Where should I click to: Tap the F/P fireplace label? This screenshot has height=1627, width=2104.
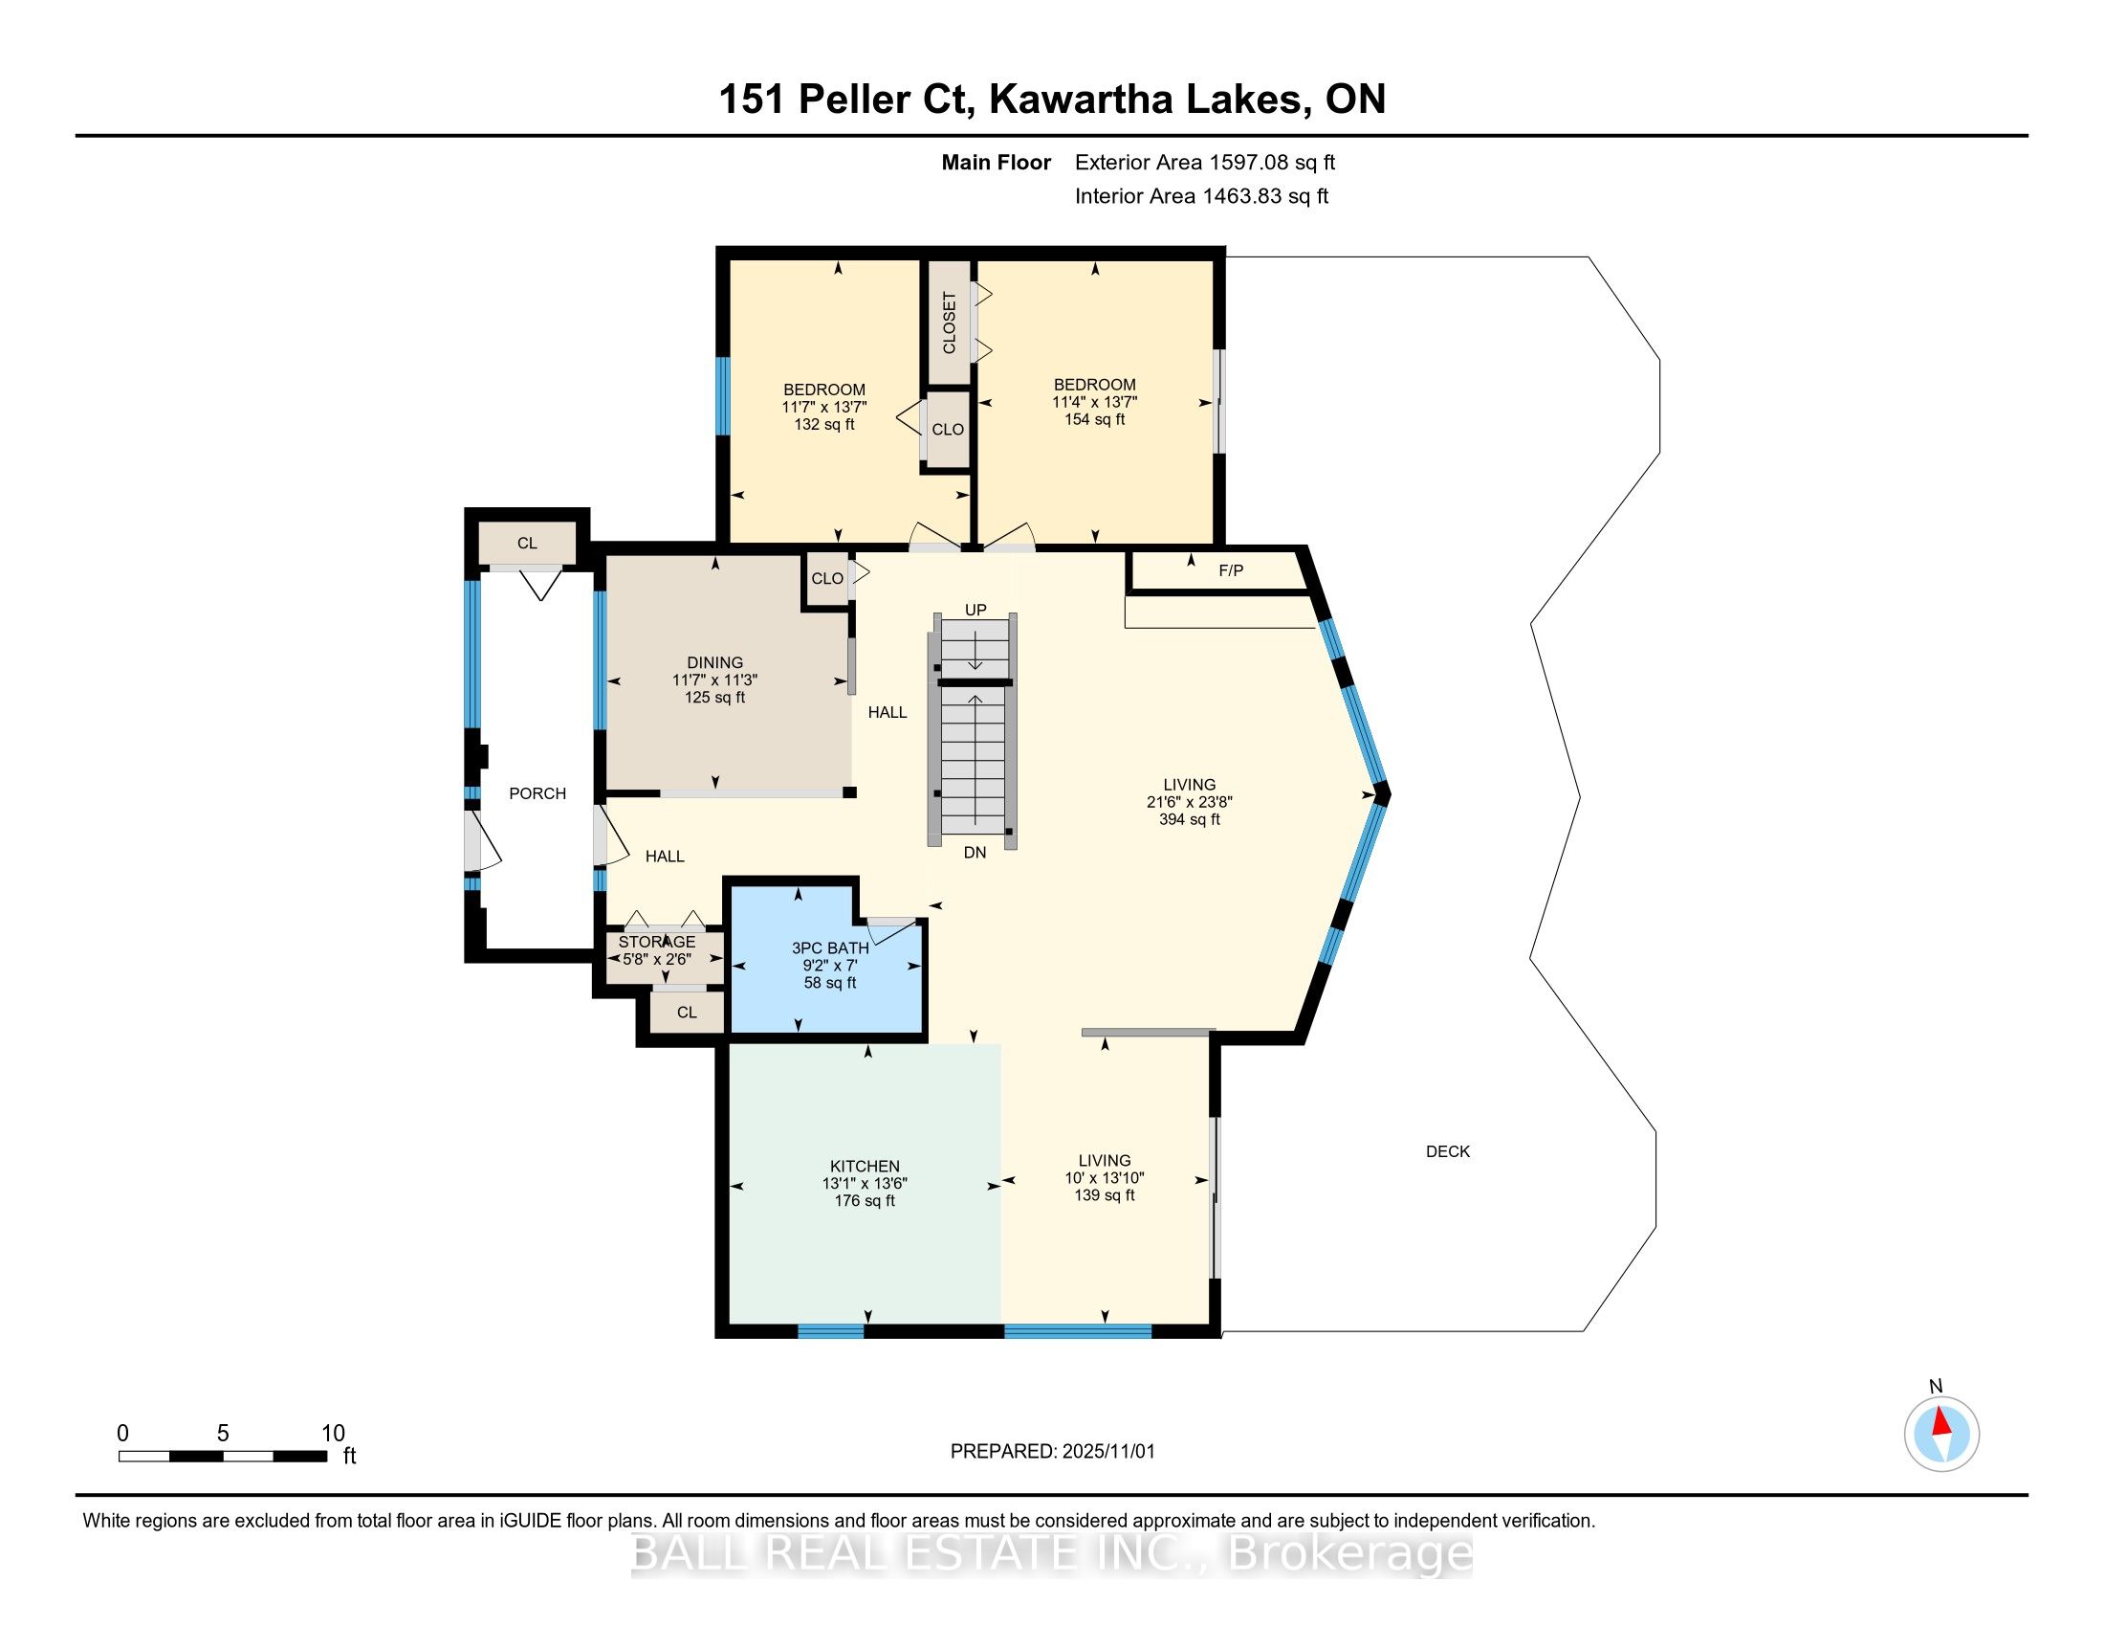click(x=1230, y=570)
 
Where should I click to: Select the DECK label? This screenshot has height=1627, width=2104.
click(x=1447, y=1150)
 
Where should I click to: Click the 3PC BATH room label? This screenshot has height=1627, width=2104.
click(x=829, y=948)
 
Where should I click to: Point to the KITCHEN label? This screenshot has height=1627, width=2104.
click(x=865, y=1167)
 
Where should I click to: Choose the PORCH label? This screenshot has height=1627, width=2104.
click(x=537, y=793)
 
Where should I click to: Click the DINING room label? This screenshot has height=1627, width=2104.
click(x=714, y=663)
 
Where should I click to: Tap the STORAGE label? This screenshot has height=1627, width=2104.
click(x=657, y=942)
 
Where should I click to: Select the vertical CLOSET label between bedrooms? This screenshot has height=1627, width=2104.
click(x=949, y=323)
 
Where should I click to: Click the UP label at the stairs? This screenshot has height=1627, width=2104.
click(x=975, y=611)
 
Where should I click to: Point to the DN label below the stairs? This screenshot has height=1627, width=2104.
click(x=975, y=853)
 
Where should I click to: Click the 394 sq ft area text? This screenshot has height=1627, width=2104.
click(x=1190, y=820)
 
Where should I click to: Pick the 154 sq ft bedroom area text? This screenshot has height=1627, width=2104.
click(x=1094, y=419)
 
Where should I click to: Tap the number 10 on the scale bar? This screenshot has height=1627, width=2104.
click(x=334, y=1434)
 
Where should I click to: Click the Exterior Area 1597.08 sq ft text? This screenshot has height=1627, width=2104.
click(x=1205, y=163)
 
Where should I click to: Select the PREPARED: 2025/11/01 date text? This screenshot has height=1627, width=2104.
click(x=1052, y=1452)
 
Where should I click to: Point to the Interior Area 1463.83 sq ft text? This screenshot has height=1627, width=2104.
click(x=1201, y=196)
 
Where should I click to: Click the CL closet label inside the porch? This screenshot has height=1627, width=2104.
click(x=527, y=544)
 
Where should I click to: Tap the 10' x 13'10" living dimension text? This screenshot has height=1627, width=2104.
click(x=1104, y=1178)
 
